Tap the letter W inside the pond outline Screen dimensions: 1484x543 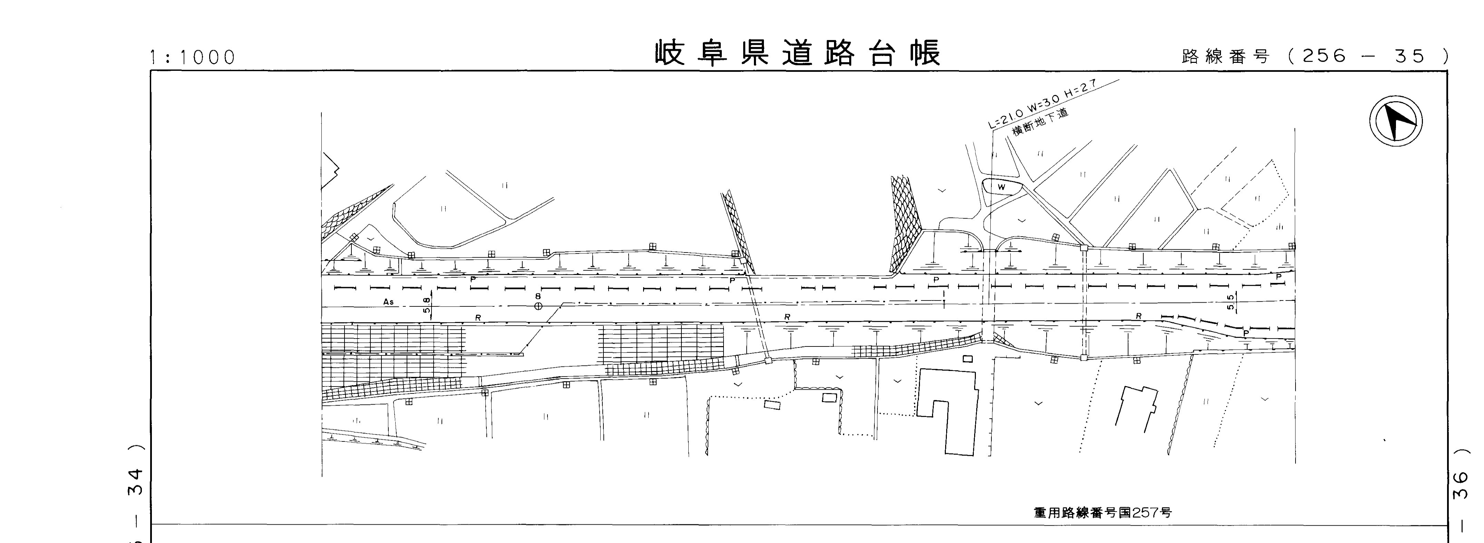pyautogui.click(x=1001, y=187)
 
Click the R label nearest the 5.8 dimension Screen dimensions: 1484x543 pyautogui.click(x=477, y=318)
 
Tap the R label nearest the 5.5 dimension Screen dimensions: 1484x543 pyautogui.click(x=1138, y=316)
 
